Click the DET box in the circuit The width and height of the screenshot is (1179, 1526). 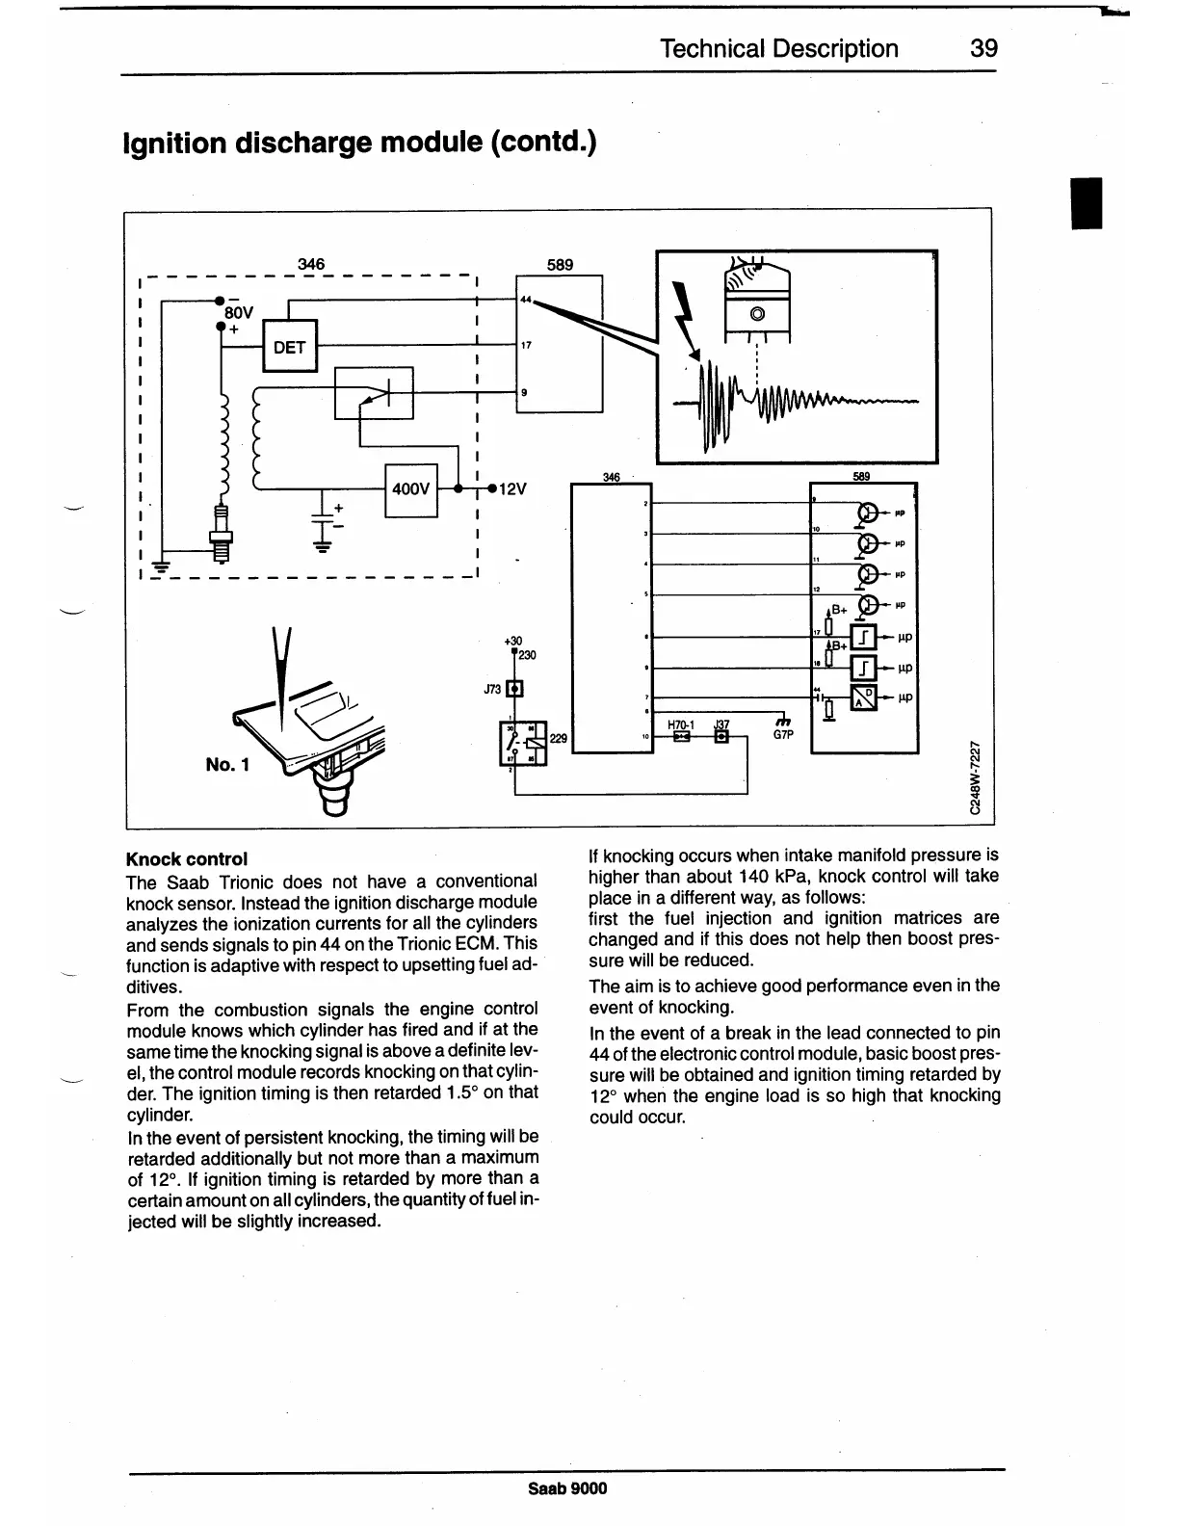coord(289,348)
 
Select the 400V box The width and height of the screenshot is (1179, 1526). coord(411,489)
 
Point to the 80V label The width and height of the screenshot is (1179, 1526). coord(238,312)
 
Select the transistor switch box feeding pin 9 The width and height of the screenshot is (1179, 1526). coord(373,392)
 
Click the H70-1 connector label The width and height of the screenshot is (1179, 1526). coord(681,724)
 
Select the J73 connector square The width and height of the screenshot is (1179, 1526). coord(514,689)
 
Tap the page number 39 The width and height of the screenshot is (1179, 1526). coord(983,49)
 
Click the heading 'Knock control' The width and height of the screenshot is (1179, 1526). coord(187,858)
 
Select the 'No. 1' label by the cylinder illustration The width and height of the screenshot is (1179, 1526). coord(227,765)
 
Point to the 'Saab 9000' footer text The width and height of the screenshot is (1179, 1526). coord(568,1488)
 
